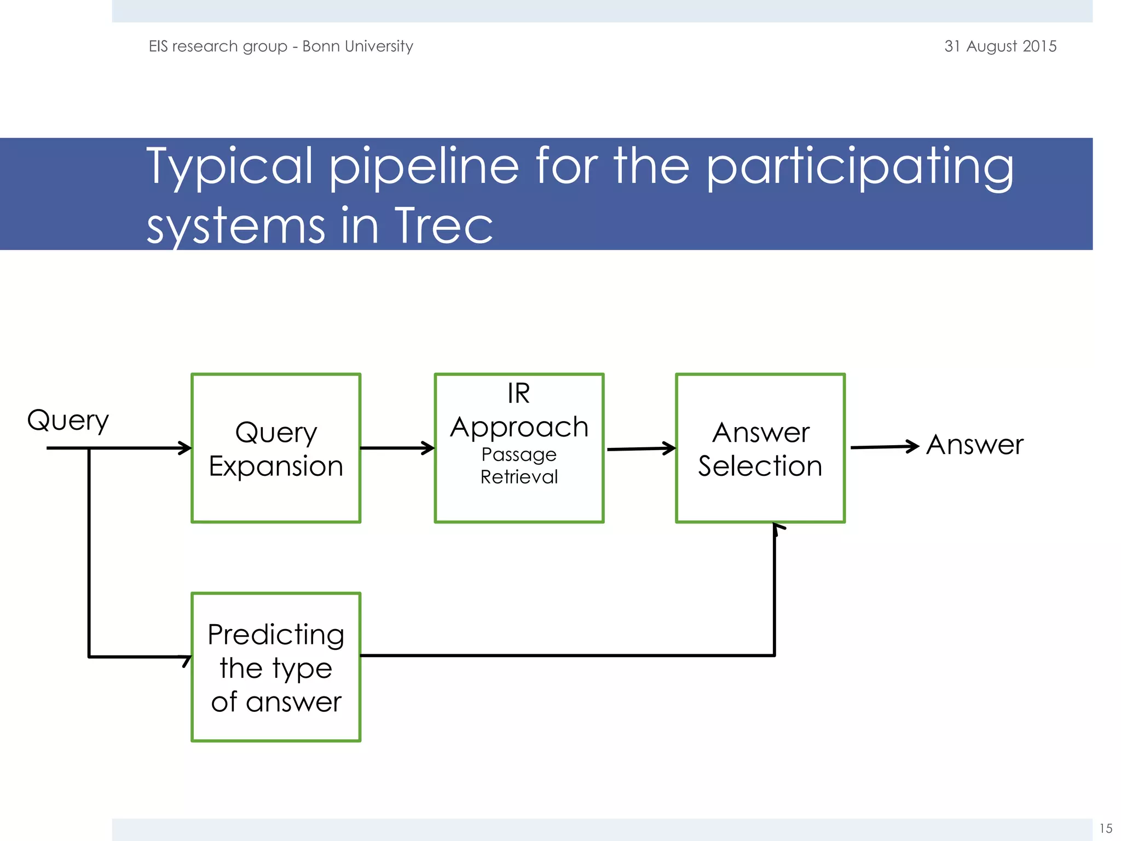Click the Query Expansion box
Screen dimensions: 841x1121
click(x=276, y=448)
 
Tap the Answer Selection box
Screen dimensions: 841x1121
click(x=760, y=448)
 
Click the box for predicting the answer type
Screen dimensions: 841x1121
click(x=276, y=667)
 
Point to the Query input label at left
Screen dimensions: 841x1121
click(x=68, y=420)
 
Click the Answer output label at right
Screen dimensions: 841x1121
click(x=975, y=445)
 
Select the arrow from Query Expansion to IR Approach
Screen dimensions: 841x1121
click(x=397, y=448)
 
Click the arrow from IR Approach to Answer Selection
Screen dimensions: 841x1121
click(x=640, y=448)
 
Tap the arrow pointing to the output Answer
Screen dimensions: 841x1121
click(x=883, y=447)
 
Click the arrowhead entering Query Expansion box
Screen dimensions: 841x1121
click(x=185, y=448)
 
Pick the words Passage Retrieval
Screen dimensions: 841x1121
click(x=519, y=465)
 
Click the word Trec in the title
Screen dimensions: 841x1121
click(x=443, y=226)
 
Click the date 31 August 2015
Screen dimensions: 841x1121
click(x=1000, y=46)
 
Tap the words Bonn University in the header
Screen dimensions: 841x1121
click(x=357, y=46)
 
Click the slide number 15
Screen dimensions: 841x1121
click(x=1106, y=828)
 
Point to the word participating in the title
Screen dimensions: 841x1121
click(x=859, y=166)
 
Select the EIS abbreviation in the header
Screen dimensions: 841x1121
click(x=158, y=46)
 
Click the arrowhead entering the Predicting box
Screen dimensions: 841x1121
click(x=186, y=659)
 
